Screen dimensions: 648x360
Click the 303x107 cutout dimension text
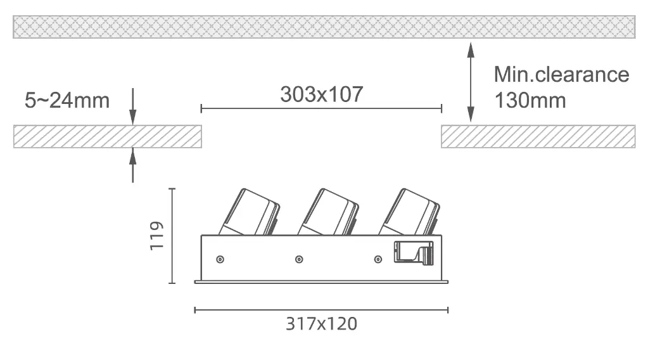[322, 94]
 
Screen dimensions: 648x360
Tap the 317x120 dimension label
[322, 324]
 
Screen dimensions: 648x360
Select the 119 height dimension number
[157, 236]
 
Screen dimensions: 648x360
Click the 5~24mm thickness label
[67, 100]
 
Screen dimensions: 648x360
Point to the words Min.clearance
[561, 74]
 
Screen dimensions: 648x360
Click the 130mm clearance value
[530, 100]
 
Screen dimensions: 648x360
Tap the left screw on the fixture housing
[220, 260]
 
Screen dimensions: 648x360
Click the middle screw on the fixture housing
[299, 260]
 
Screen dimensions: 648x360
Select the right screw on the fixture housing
[378, 260]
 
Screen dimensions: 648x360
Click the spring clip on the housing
[414, 252]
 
